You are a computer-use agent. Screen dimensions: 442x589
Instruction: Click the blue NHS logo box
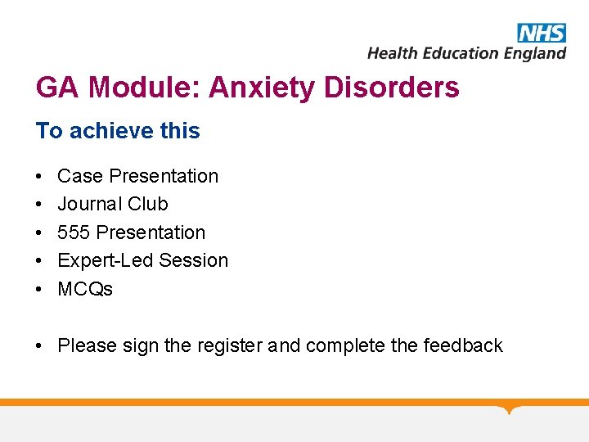[x=542, y=33]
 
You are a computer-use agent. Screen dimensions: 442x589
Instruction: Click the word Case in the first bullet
[x=80, y=176]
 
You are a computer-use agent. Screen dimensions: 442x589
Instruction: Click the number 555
[x=74, y=232]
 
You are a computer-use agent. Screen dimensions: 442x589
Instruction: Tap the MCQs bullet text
[x=85, y=289]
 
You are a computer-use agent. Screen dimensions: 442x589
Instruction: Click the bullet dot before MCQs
[x=39, y=290]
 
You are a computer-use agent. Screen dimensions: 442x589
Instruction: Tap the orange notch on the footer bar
[x=509, y=408]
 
